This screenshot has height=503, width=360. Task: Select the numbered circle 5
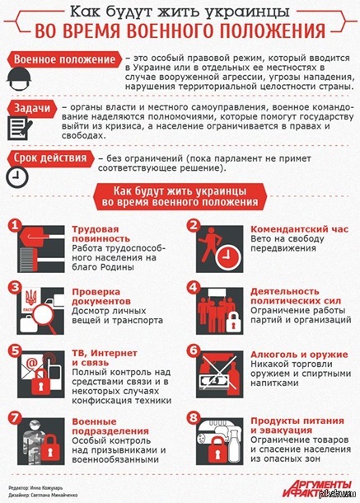(x=14, y=349)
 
